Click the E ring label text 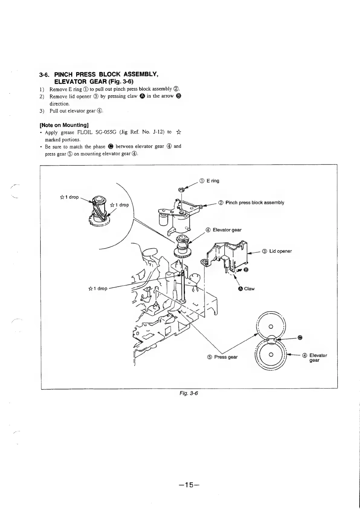point(213,181)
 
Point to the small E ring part point(181,190)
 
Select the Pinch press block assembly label point(255,203)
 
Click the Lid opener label point(280,251)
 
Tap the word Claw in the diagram point(249,289)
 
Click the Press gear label point(226,357)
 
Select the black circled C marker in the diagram point(300,338)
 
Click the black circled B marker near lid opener point(246,270)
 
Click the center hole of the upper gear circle point(271,326)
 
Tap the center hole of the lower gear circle point(271,354)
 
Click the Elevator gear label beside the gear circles point(318,357)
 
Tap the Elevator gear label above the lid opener point(227,230)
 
